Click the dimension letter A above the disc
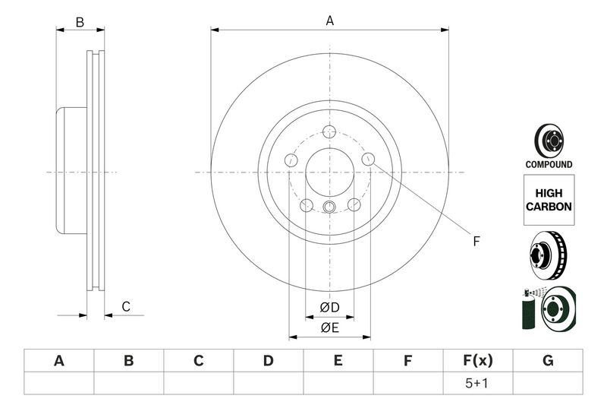(x=329, y=21)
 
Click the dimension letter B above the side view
(x=80, y=23)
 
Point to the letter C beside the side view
(x=126, y=306)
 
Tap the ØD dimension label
(x=329, y=307)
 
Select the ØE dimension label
(x=329, y=328)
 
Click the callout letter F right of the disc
(x=476, y=242)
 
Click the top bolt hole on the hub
(x=329, y=131)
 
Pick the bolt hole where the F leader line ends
(x=368, y=159)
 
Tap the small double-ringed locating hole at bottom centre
(x=329, y=207)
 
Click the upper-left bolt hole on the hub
(x=291, y=160)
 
